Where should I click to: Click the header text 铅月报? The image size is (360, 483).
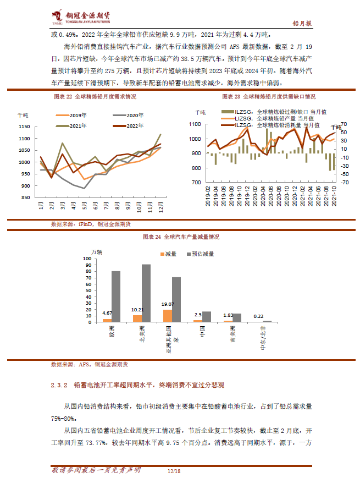tap(301, 23)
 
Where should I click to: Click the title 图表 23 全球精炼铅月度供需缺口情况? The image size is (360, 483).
tap(269, 96)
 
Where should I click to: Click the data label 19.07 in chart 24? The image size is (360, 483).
tap(167, 304)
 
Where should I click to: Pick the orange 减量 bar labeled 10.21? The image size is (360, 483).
tap(137, 318)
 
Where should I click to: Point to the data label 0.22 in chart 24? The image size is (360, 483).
tap(257, 316)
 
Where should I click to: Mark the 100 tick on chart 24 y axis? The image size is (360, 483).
tap(87, 259)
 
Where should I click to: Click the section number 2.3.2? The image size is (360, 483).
tap(58, 384)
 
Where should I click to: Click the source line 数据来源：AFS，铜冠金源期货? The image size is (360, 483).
tap(89, 364)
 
